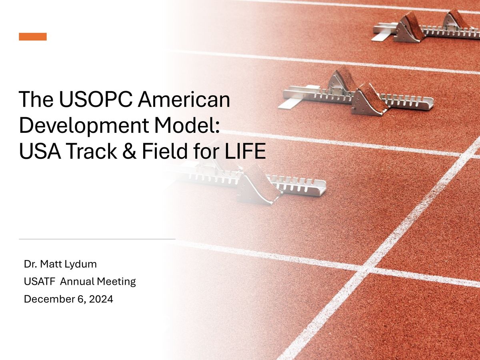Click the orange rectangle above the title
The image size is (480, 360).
tap(33, 37)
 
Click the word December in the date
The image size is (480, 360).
tap(45, 299)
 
